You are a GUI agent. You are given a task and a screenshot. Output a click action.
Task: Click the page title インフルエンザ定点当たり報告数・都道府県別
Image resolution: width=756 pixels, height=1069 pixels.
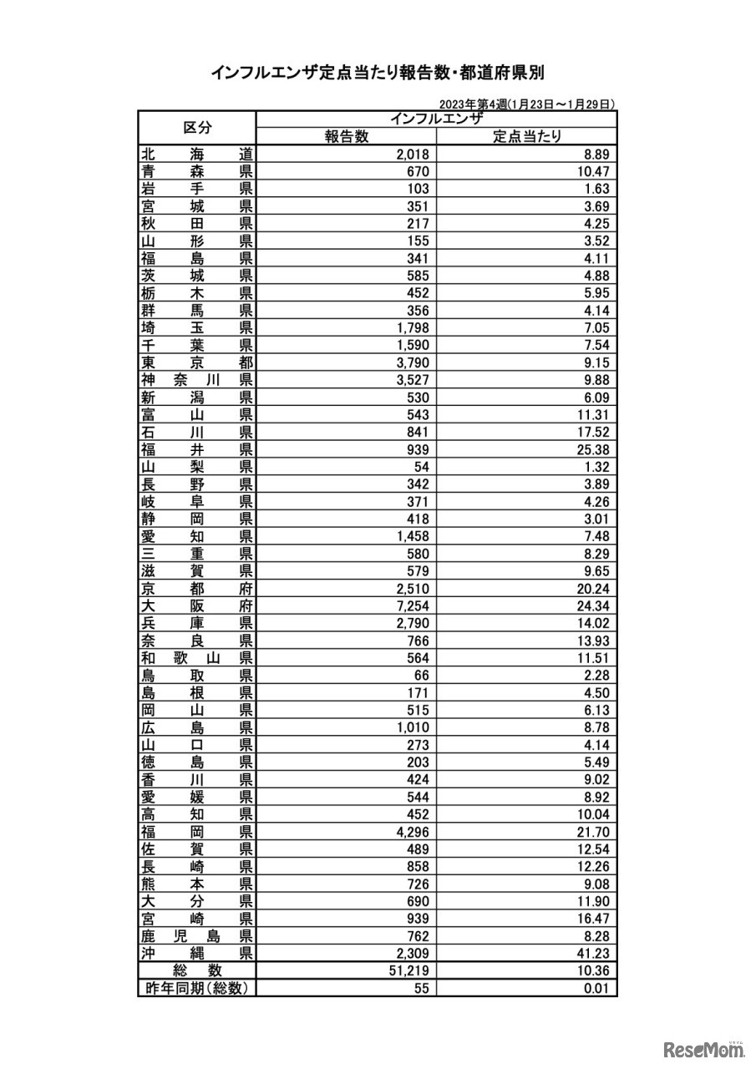coord(378,73)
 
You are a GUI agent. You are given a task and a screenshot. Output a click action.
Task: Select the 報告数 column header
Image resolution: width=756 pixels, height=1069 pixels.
coord(347,137)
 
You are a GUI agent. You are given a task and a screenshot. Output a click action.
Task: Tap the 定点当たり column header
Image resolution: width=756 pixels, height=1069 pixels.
coord(526,137)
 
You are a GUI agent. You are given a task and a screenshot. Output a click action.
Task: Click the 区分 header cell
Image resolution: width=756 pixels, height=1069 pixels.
coord(197,128)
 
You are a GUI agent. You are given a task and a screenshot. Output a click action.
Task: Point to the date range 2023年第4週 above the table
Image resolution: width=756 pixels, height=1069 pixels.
coord(527,104)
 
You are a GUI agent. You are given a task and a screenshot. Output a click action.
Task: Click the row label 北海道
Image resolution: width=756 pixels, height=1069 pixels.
coord(197,154)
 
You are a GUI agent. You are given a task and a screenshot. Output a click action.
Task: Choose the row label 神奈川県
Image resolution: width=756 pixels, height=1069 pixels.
coord(197,380)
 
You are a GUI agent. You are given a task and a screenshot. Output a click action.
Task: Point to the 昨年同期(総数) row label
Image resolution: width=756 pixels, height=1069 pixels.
coord(197,988)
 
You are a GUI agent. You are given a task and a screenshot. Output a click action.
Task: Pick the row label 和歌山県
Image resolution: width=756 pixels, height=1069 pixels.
coord(197,658)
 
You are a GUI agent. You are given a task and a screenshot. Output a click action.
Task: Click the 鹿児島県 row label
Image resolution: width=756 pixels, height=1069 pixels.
coord(197,935)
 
